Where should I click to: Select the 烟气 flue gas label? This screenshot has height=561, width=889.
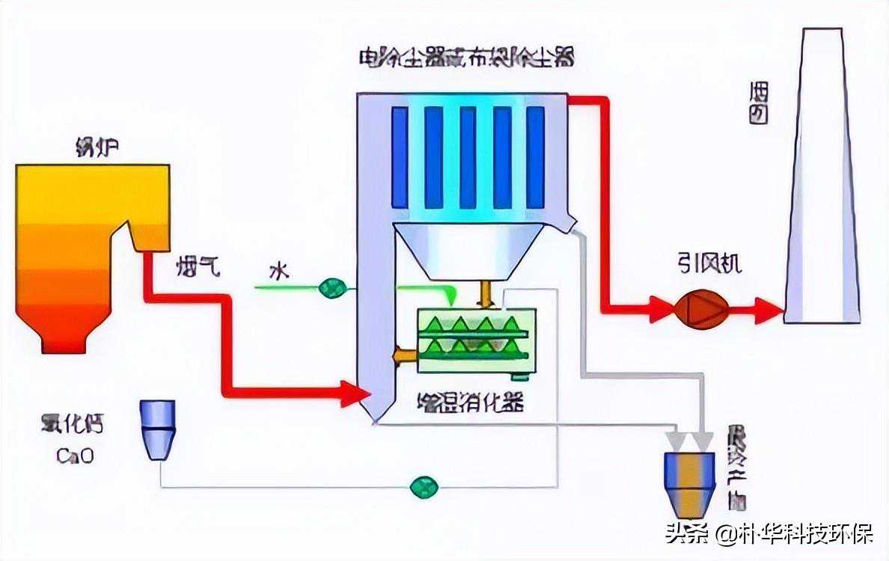pos(198,267)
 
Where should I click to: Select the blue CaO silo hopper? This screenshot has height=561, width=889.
pos(157,429)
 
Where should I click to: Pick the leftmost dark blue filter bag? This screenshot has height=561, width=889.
pos(400,157)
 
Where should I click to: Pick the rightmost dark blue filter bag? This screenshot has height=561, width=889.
pos(535,157)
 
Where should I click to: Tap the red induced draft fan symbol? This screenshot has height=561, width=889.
pos(702,308)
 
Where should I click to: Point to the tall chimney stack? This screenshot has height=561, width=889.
pos(820,180)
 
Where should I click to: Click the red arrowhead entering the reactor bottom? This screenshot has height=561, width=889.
pos(356,393)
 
